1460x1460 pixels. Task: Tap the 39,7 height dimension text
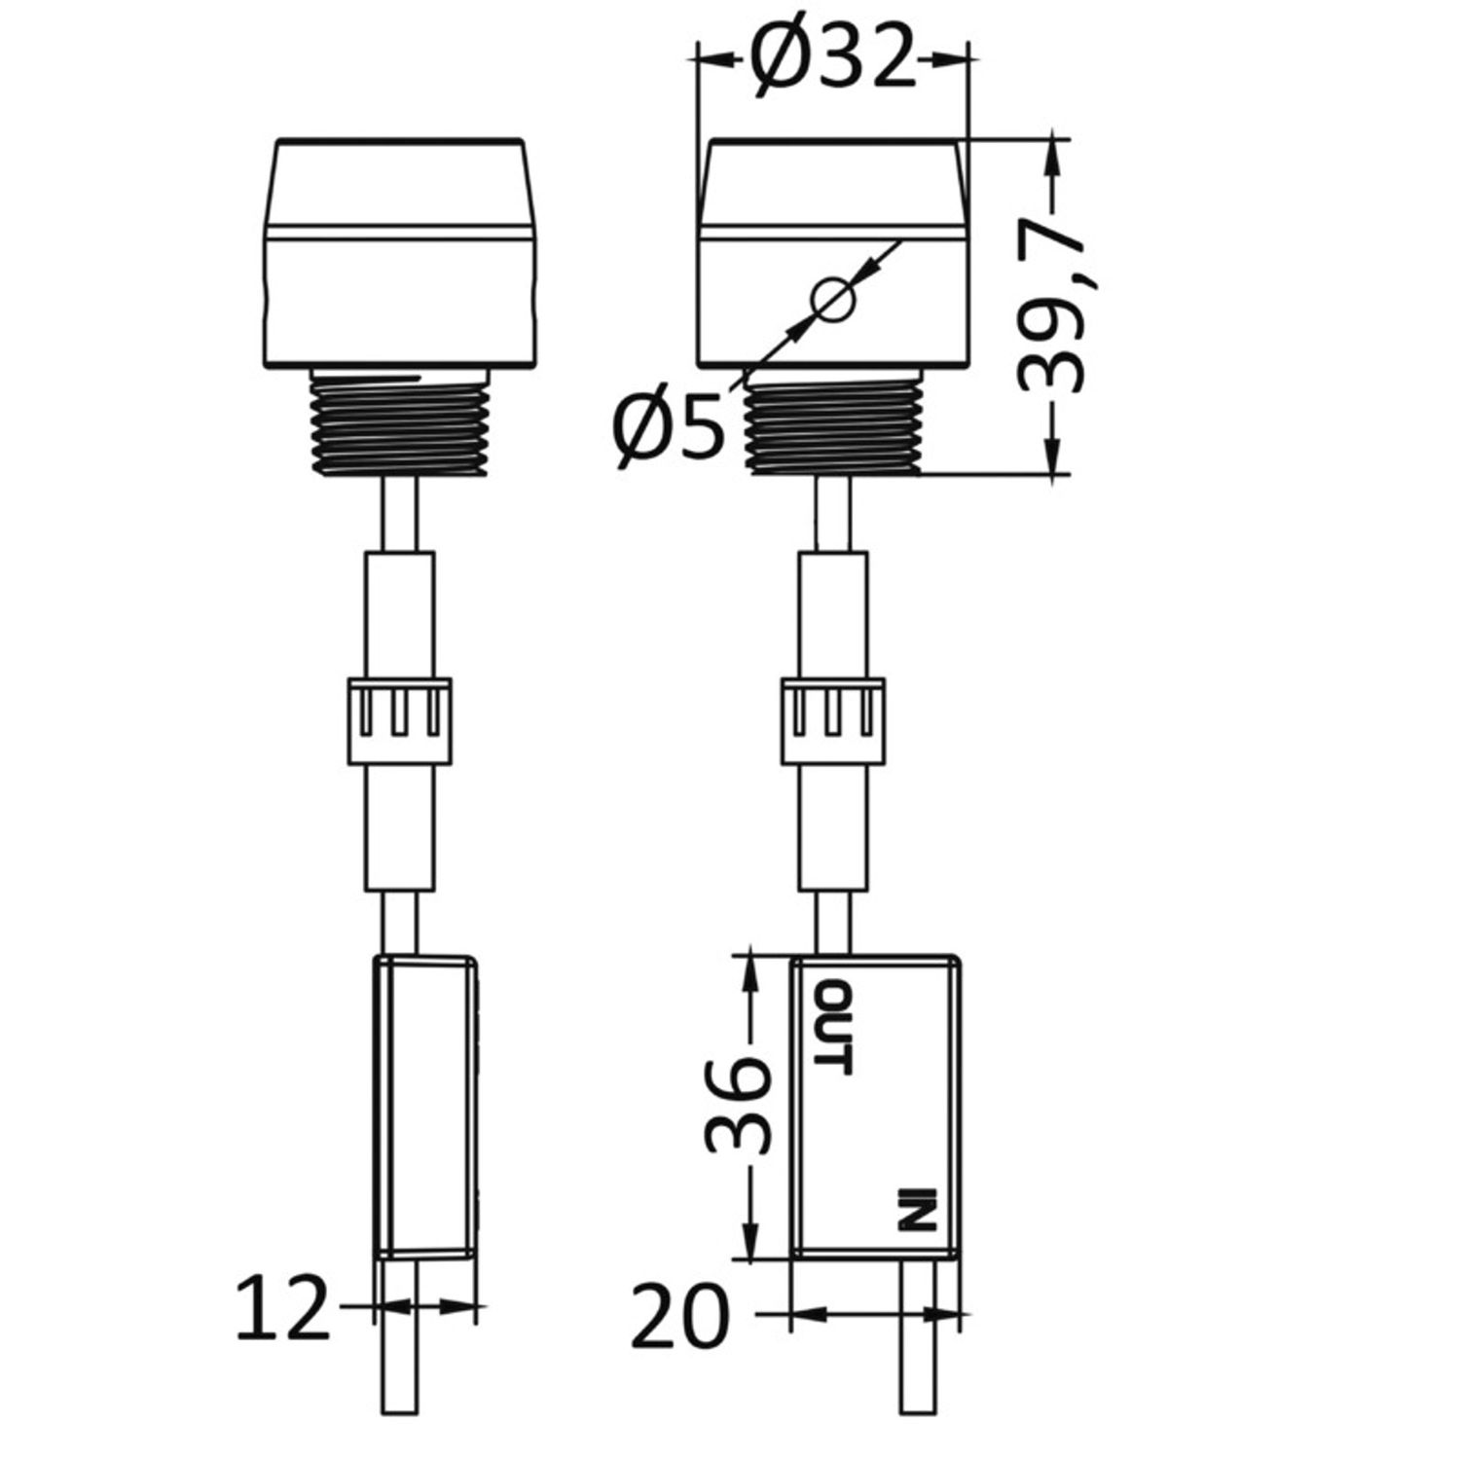1051,308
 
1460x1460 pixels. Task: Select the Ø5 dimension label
670,429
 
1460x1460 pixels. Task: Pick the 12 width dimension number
283,1309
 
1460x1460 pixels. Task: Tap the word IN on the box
916,1209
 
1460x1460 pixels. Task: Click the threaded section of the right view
833,427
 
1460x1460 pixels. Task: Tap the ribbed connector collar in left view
399,719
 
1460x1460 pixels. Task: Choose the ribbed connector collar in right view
833,719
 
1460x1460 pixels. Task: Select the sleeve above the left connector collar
399,613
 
